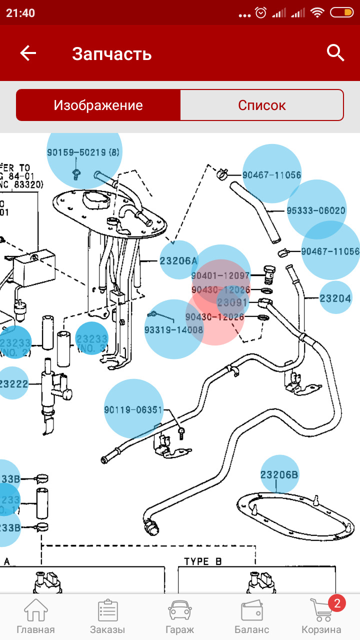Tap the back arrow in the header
click(28, 53)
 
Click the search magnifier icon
click(335, 52)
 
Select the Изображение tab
click(98, 105)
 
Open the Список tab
click(261, 105)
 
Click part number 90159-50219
click(83, 152)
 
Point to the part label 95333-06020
click(316, 210)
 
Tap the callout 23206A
click(179, 260)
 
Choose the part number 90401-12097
click(220, 275)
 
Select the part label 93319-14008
click(174, 330)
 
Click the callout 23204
click(335, 298)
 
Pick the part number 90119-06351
click(133, 410)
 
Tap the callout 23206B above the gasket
click(279, 474)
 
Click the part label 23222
click(13, 384)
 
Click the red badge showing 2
click(336, 603)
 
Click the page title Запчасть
click(111, 53)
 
